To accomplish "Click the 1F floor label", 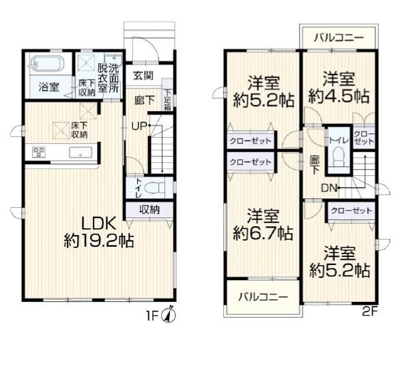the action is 152,317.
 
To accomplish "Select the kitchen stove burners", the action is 39,152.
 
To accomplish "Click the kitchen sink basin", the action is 81,153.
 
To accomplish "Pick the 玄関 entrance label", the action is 143,76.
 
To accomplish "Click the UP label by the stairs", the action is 139,125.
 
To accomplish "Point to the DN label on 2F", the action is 329,188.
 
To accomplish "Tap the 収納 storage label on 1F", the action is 149,210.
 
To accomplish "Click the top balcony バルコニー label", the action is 339,38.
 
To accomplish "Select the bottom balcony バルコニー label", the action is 263,297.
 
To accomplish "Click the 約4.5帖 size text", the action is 339,96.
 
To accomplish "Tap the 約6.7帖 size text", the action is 263,233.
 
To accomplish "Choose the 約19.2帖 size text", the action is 99,241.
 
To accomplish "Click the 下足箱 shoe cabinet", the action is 167,95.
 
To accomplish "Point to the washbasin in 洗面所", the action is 113,59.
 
